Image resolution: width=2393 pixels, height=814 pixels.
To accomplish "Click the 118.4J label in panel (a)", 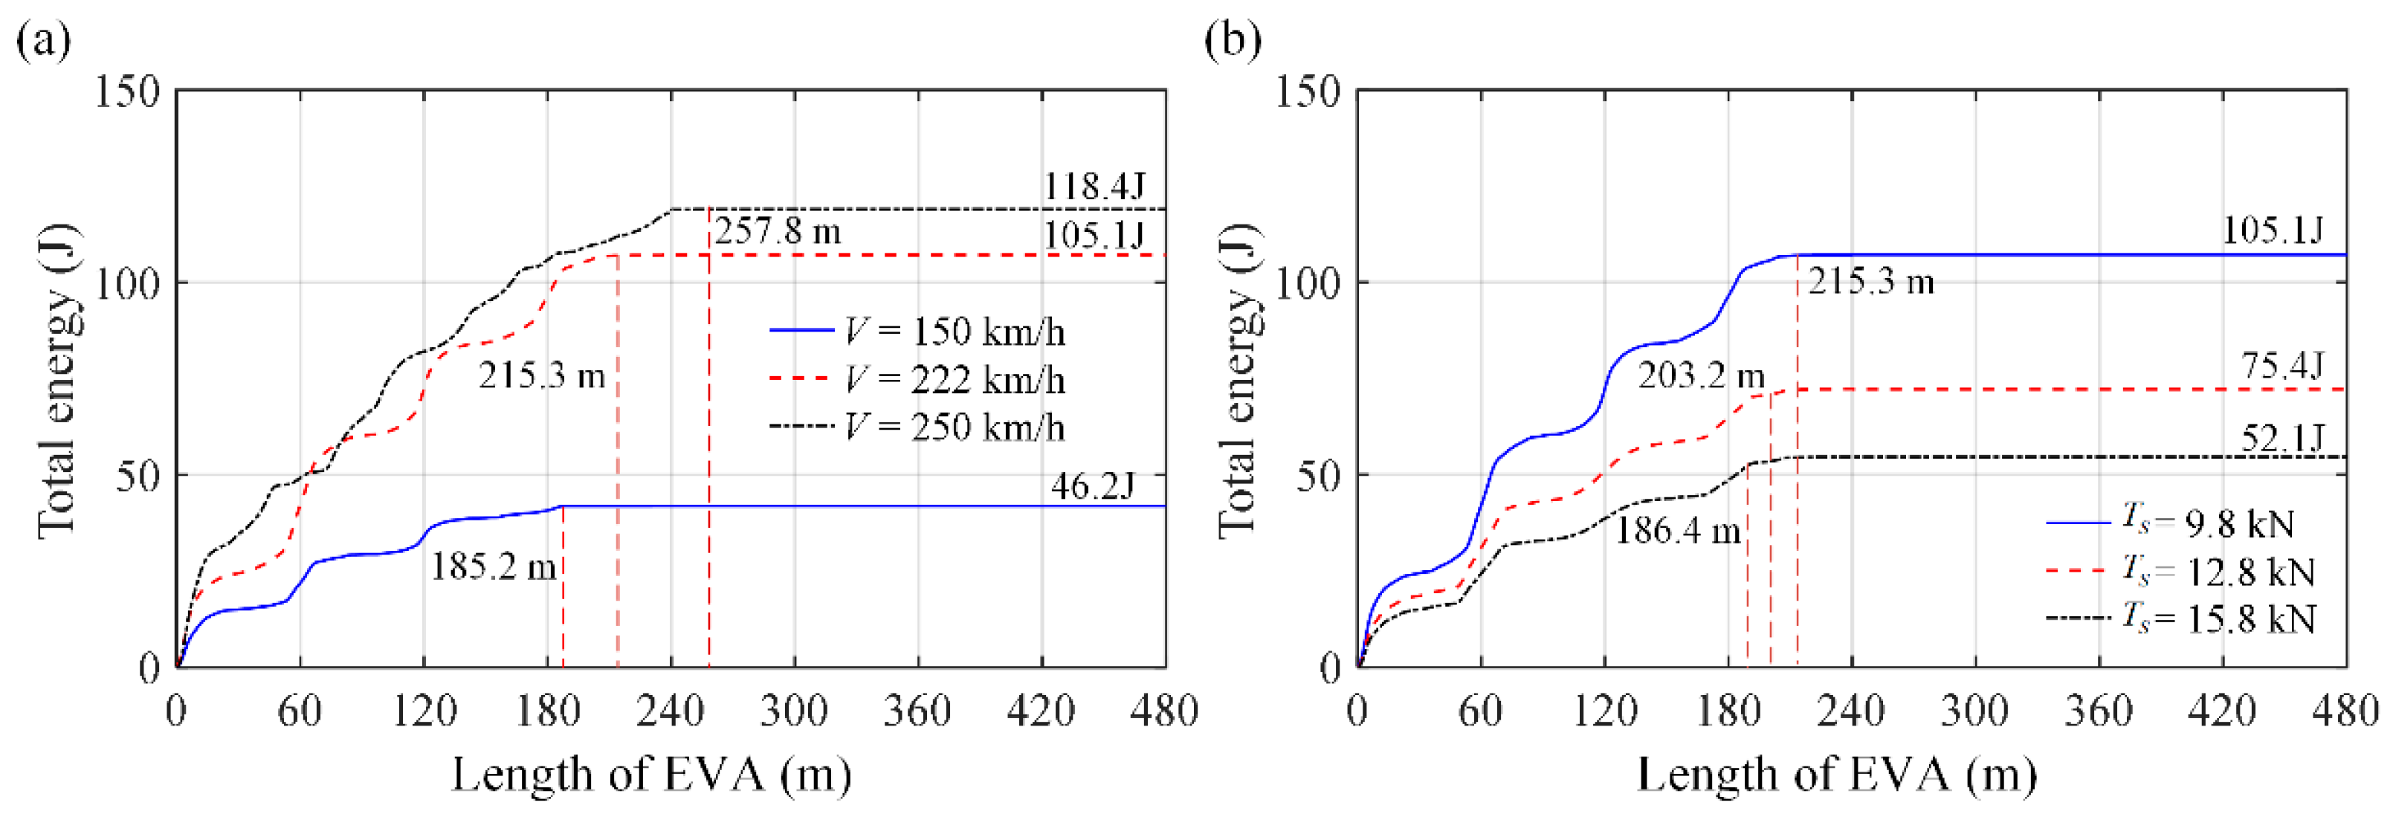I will [x=1094, y=187].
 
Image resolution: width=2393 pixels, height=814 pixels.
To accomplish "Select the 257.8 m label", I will [x=778, y=231].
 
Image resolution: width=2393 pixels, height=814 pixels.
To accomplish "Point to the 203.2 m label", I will [x=1700, y=375].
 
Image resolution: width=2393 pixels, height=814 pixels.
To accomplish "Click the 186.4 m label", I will [x=1677, y=531].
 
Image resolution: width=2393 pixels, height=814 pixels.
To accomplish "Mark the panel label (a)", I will [x=42, y=41].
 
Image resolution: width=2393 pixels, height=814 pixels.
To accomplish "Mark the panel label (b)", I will [x=1232, y=41].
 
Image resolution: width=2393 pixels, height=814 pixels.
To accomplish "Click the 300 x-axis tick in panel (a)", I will [x=793, y=712].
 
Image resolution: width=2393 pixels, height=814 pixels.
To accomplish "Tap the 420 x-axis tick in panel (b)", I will [x=2222, y=712].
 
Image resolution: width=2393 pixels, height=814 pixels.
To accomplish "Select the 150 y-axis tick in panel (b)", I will [x=1306, y=92].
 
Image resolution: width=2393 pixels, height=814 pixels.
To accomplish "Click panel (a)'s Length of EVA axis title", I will [x=650, y=774].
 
